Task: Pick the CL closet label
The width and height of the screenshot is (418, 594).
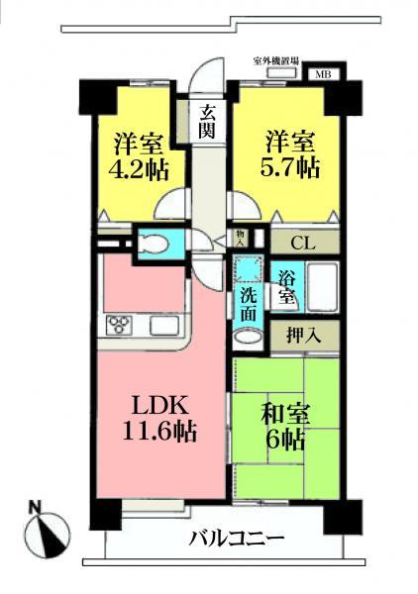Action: pos(304,240)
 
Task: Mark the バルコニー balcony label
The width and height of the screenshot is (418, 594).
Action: pos(236,540)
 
